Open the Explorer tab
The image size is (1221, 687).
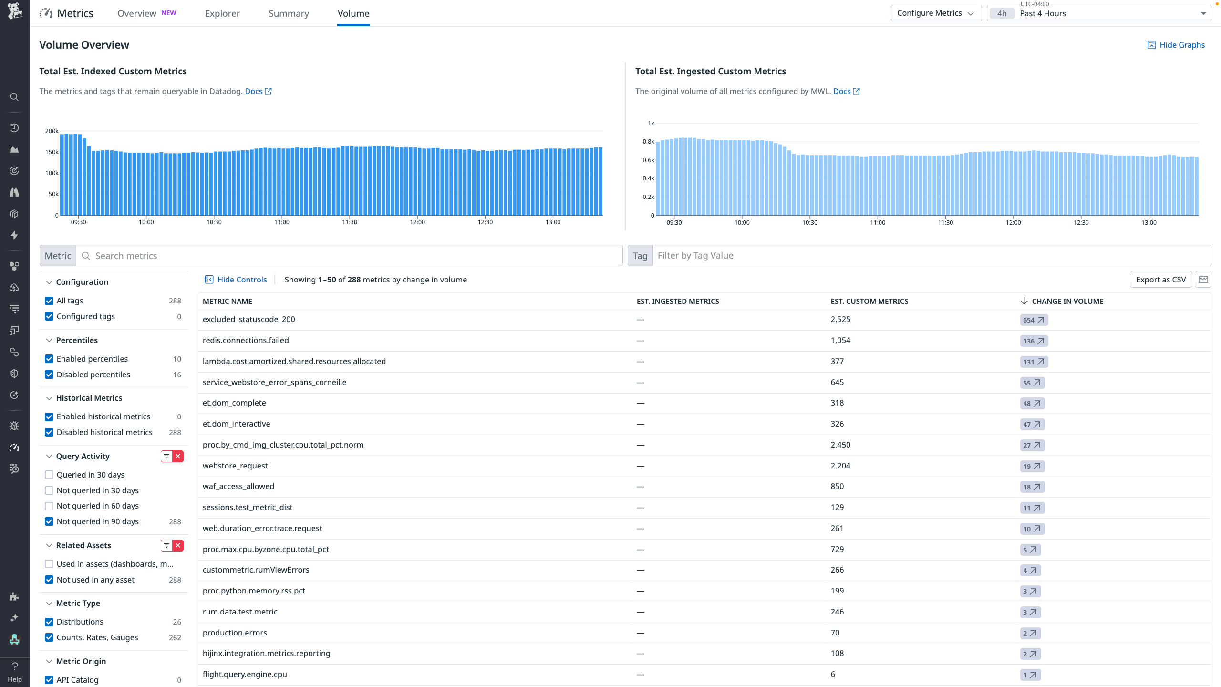pos(222,13)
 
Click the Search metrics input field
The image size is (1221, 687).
pos(353,256)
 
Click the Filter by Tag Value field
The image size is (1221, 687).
pos(930,256)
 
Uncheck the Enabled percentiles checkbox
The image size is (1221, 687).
pos(49,359)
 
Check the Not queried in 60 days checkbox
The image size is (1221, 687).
pos(49,506)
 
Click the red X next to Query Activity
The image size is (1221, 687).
pos(178,456)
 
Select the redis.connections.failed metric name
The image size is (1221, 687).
pos(246,340)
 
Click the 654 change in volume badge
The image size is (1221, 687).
pos(1034,320)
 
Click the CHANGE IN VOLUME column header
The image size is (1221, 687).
pos(1067,301)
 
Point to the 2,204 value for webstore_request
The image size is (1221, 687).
pos(840,466)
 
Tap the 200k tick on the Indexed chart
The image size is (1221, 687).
pos(52,131)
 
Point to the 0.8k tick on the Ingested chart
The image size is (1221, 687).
pos(648,142)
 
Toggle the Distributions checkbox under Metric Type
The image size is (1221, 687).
pos(49,622)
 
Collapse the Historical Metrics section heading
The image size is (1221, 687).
pos(89,398)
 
